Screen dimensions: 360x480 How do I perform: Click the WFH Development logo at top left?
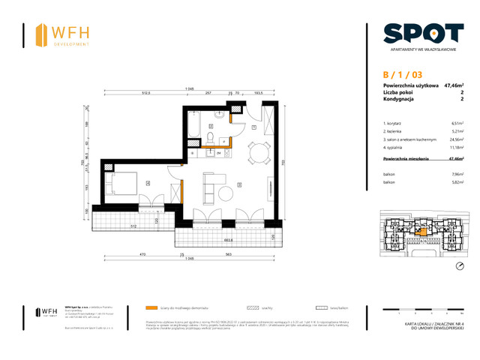(x=64, y=34)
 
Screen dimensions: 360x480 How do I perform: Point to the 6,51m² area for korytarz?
(x=456, y=122)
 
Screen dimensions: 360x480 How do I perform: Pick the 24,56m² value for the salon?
(x=455, y=138)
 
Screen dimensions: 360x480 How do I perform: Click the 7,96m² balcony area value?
(x=456, y=174)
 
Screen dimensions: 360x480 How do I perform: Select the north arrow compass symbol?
(x=459, y=266)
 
